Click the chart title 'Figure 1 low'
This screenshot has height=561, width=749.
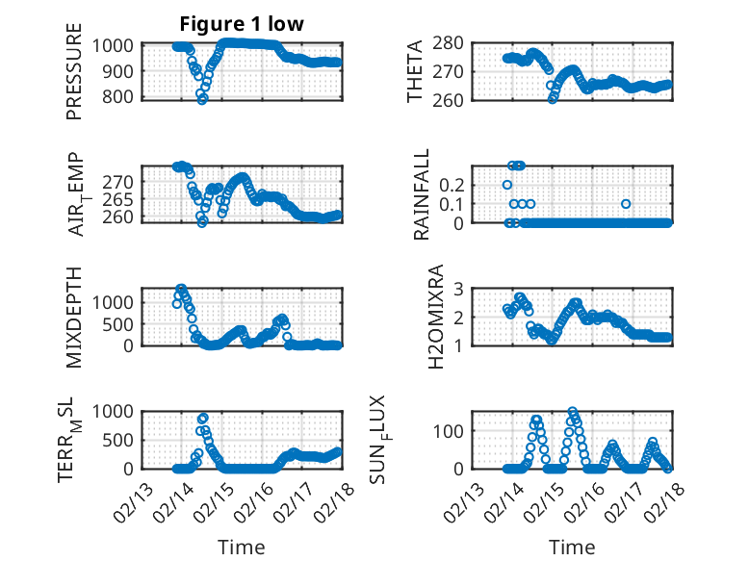click(x=242, y=24)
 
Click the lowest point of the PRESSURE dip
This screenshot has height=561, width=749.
click(x=202, y=99)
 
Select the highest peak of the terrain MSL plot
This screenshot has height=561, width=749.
click(x=203, y=418)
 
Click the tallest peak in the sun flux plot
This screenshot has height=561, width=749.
click(x=572, y=412)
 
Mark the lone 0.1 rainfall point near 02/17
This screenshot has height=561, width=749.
click(x=626, y=203)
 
